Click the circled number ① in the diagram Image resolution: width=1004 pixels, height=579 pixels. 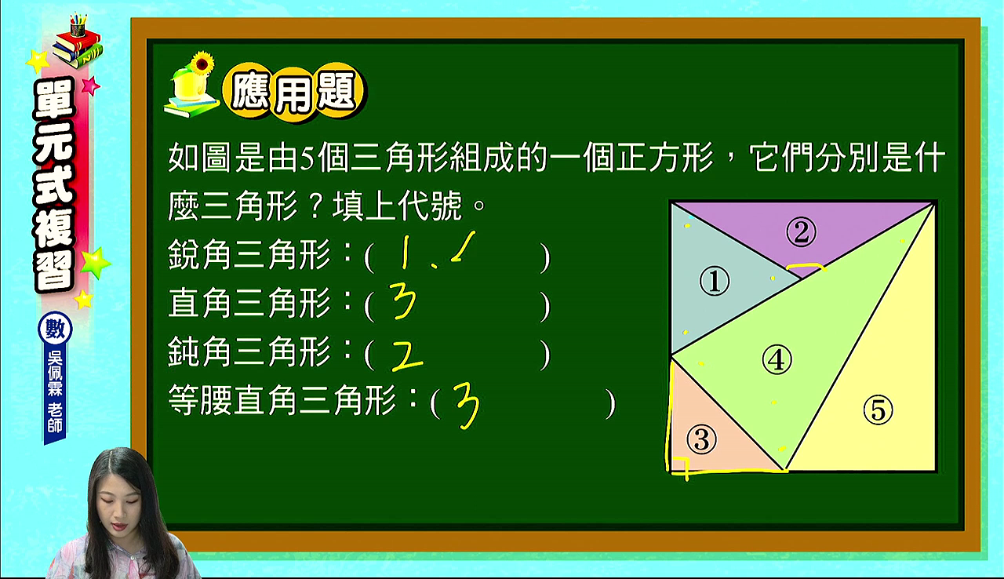[715, 282]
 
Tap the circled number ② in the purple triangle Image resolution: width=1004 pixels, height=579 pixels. [802, 231]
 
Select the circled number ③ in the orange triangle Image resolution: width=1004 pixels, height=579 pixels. [701, 439]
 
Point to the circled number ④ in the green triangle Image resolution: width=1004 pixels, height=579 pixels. [777, 359]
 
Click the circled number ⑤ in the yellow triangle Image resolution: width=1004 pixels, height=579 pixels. [878, 410]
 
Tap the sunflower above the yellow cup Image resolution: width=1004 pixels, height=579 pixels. [202, 64]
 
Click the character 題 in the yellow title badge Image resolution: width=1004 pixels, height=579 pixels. [337, 93]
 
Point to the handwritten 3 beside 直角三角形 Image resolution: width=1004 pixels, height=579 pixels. [402, 301]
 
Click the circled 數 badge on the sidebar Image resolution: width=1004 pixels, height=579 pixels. [55, 330]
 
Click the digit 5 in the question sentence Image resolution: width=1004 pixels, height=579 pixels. [307, 158]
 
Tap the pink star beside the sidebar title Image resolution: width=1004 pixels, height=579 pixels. [90, 86]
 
